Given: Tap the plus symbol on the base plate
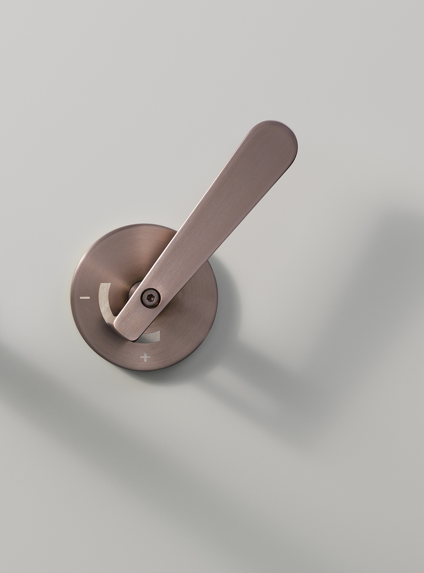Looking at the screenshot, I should point(145,358).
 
